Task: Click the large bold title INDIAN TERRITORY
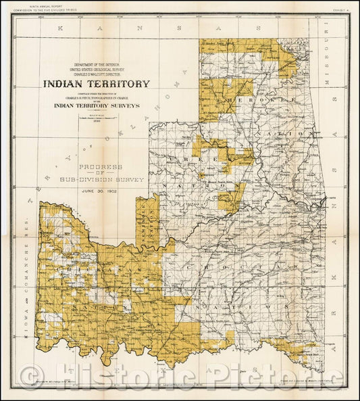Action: click(x=97, y=85)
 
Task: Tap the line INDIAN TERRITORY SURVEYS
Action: click(x=97, y=105)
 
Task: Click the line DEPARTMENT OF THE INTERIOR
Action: click(x=97, y=64)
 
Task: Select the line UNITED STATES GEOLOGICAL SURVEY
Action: click(x=97, y=69)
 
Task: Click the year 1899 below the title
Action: click(x=97, y=119)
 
